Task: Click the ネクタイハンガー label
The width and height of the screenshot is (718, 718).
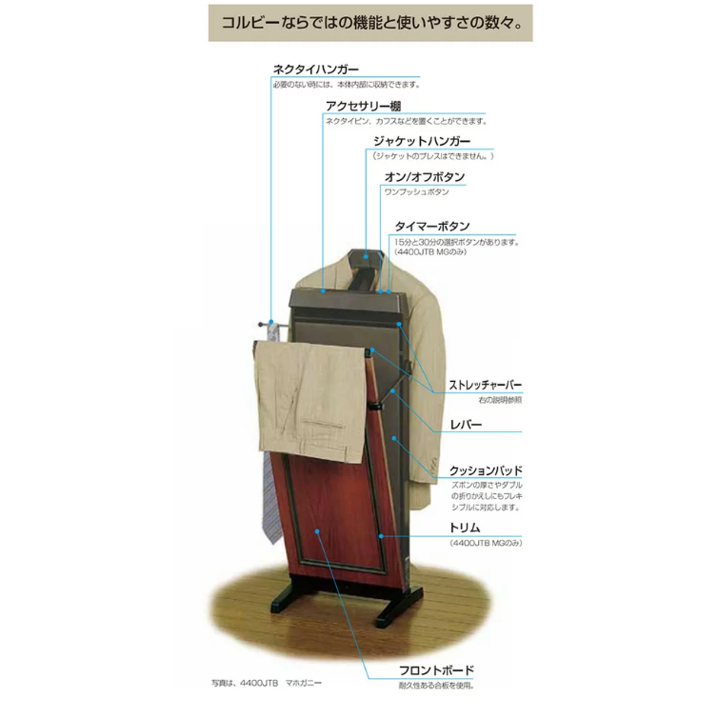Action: [x=315, y=70]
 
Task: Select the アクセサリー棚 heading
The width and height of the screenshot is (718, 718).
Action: [x=363, y=107]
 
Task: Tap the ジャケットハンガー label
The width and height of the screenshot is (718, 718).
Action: [x=422, y=142]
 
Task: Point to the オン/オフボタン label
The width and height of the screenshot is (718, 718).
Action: [x=425, y=177]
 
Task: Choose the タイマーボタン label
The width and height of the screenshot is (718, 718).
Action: [x=432, y=227]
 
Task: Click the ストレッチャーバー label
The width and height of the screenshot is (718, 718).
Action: [x=485, y=385]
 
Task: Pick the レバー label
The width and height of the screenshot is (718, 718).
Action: [x=466, y=425]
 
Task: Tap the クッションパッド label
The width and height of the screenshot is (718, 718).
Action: [x=486, y=470]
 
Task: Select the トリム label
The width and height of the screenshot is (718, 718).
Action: [x=465, y=528]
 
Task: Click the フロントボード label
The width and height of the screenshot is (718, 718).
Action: [x=436, y=670]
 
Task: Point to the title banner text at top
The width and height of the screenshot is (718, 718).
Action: [x=371, y=23]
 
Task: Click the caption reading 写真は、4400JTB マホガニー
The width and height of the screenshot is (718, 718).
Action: [x=267, y=683]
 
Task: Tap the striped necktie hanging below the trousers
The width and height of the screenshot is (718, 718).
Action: [x=271, y=498]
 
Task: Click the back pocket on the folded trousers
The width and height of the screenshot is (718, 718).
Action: [x=323, y=423]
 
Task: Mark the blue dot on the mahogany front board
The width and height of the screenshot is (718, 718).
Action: [x=317, y=531]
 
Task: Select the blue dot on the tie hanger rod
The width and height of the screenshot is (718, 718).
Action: [x=271, y=322]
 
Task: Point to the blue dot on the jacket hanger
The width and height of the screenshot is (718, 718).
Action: [x=366, y=256]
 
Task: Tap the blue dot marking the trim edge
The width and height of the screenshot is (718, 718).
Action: [x=381, y=536]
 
